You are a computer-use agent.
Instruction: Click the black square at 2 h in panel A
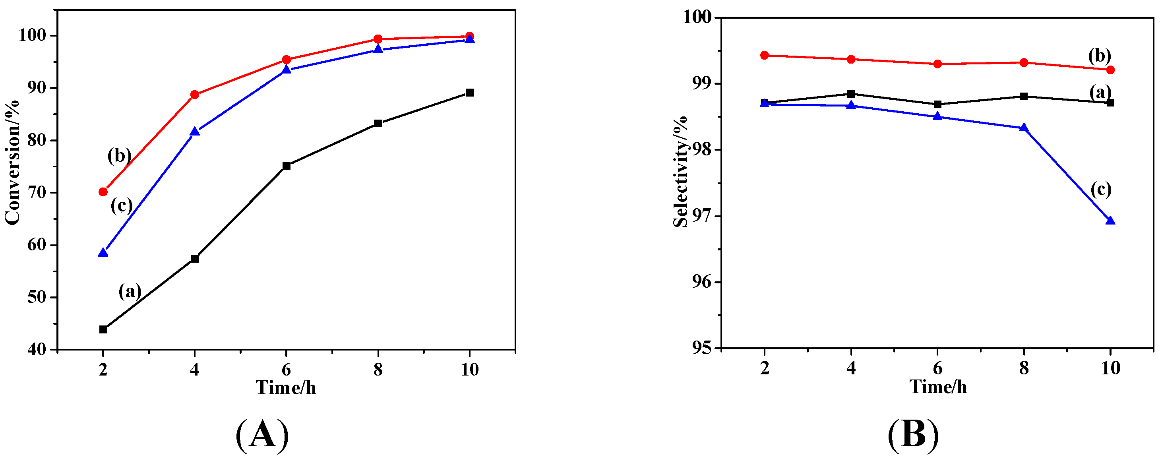[103, 329]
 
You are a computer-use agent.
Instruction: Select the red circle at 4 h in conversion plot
[195, 95]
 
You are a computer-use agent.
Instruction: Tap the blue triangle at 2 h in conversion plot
[103, 253]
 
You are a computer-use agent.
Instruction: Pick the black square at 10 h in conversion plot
[469, 93]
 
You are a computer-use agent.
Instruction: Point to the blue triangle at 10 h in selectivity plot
[1110, 221]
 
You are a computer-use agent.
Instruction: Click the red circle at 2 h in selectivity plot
[764, 55]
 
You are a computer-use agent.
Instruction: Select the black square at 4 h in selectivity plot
[851, 94]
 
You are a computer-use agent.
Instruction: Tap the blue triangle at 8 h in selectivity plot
[1024, 128]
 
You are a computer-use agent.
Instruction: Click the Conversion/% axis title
[12, 162]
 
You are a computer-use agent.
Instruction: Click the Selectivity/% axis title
[680, 171]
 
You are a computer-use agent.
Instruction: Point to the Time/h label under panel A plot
[286, 387]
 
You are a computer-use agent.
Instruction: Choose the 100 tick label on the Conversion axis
[33, 36]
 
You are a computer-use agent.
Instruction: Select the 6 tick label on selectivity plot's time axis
[937, 368]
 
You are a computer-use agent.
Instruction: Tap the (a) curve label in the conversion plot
[130, 291]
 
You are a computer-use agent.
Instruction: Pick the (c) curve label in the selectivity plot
[1100, 189]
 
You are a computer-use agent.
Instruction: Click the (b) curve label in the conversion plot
[119, 155]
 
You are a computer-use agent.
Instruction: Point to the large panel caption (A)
[262, 434]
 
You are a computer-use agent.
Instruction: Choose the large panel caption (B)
[913, 434]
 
